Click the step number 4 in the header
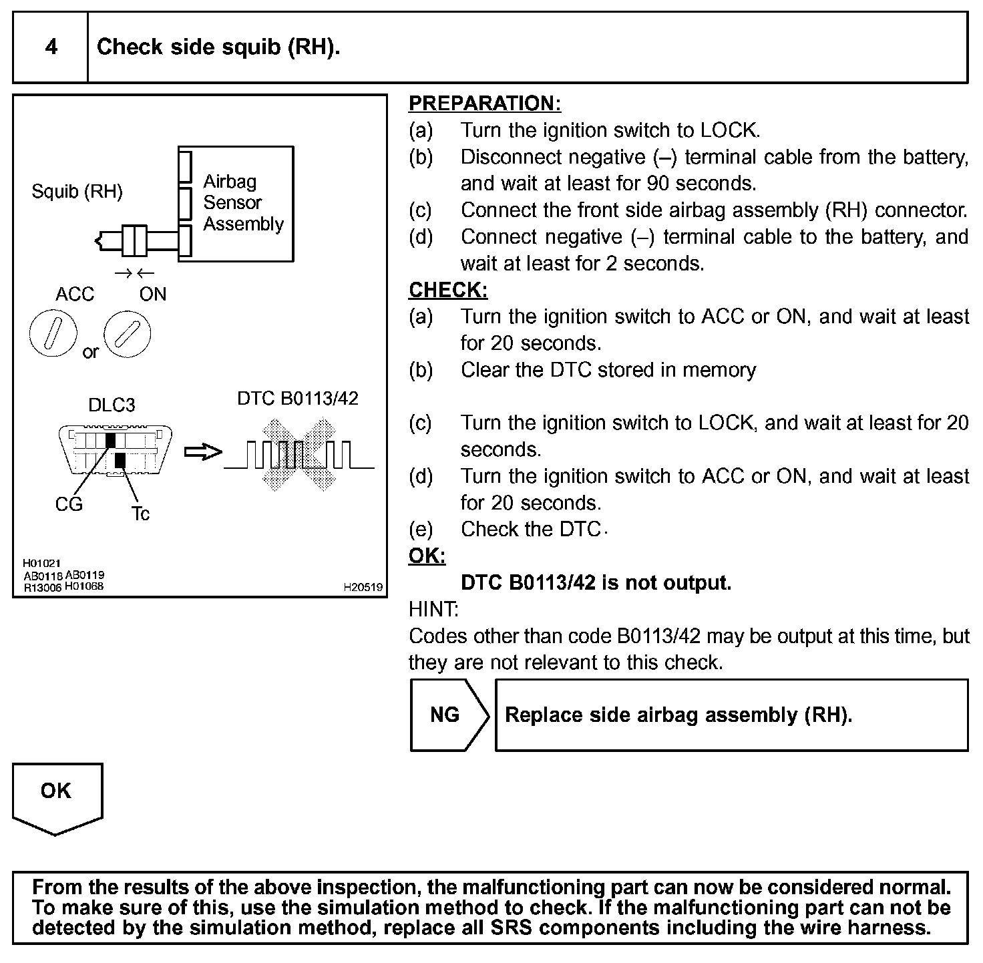tap(51, 47)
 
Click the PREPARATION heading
tap(484, 104)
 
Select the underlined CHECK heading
tap(447, 290)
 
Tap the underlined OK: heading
tap(427, 556)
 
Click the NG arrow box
tap(446, 715)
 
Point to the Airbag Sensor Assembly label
tap(243, 202)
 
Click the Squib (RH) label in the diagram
tap(77, 192)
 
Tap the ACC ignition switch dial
tap(53, 333)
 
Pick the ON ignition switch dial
tap(128, 333)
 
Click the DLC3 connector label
tap(111, 405)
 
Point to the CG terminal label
tap(68, 504)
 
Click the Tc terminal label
tap(140, 513)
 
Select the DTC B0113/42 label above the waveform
tap(297, 399)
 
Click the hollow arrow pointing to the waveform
tap(202, 452)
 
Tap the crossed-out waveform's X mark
tap(299, 455)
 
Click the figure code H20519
tap(363, 587)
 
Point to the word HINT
tap(433, 609)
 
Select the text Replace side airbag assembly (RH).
tap(678, 715)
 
